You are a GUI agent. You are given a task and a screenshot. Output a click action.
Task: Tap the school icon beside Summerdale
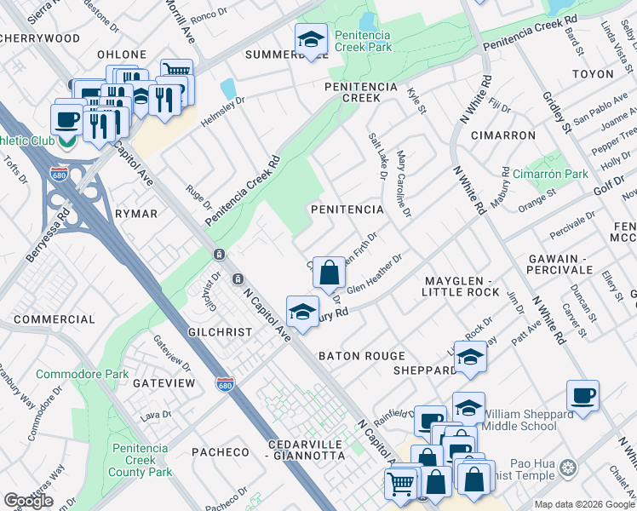click(312, 39)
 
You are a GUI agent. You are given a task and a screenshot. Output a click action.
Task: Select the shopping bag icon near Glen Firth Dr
click(329, 273)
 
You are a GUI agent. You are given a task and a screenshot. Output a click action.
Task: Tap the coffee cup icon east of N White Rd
click(583, 396)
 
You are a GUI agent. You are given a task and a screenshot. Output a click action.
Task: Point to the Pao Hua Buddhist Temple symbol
click(568, 468)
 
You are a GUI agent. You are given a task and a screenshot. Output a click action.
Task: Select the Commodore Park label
click(94, 374)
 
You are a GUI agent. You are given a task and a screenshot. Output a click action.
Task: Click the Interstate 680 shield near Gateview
click(225, 385)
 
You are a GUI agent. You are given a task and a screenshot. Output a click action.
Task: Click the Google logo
click(29, 501)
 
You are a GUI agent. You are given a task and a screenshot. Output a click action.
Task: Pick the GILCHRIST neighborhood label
click(221, 332)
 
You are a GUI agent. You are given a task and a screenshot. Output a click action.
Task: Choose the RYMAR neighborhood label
click(136, 214)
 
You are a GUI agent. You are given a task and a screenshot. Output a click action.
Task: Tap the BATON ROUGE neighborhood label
click(361, 356)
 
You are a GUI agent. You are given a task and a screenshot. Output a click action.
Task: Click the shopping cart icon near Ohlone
click(176, 73)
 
